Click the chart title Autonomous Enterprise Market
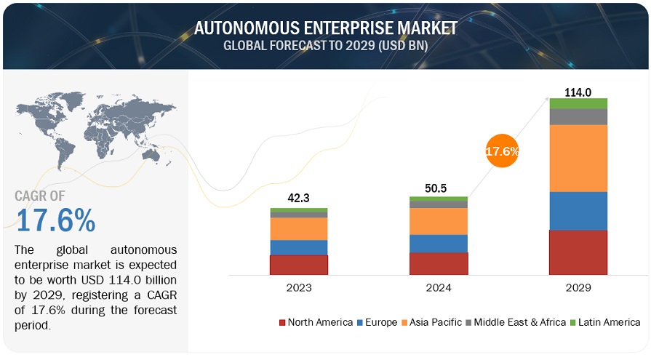click(325, 28)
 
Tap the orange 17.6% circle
click(502, 152)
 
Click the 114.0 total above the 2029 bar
click(578, 92)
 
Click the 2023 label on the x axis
click(299, 287)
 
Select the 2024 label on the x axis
click(438, 287)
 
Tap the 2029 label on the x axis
click(578, 287)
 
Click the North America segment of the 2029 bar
click(578, 252)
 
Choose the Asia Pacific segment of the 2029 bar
click(578, 158)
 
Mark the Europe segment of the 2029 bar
click(578, 211)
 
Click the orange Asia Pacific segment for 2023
click(299, 228)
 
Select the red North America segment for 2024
click(438, 263)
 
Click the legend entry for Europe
click(378, 322)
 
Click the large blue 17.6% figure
click(55, 220)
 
